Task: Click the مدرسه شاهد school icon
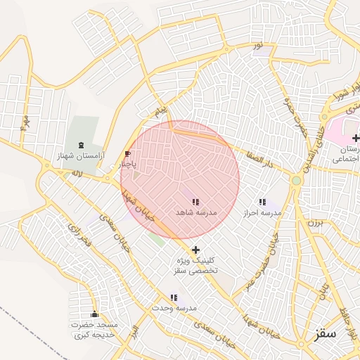pos(195,202)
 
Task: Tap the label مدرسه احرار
pos(262,212)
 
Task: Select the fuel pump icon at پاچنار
pos(127,154)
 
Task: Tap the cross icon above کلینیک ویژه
pos(195,250)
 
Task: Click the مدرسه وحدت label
pos(177,308)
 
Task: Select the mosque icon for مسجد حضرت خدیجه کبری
pos(95,313)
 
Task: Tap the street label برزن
pos(314,224)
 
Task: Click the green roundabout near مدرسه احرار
pos(297,181)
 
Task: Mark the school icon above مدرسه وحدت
pos(173,298)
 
